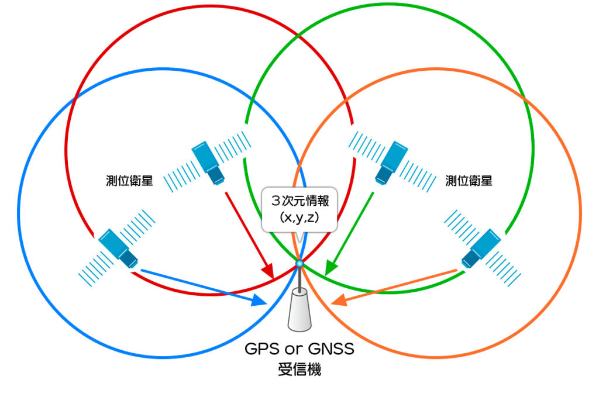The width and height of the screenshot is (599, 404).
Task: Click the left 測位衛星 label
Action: [x=129, y=181]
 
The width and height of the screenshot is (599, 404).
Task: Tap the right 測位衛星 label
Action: [x=469, y=181]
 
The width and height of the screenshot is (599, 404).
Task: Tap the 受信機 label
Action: [x=299, y=370]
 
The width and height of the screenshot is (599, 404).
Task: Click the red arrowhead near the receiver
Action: [x=268, y=272]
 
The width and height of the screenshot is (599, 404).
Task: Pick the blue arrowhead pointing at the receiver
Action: [x=260, y=301]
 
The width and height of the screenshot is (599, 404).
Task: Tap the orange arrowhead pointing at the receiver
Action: [x=338, y=302]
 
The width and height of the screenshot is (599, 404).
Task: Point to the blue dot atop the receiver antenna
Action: [x=299, y=264]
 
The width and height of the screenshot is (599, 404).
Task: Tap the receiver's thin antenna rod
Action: [x=299, y=279]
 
